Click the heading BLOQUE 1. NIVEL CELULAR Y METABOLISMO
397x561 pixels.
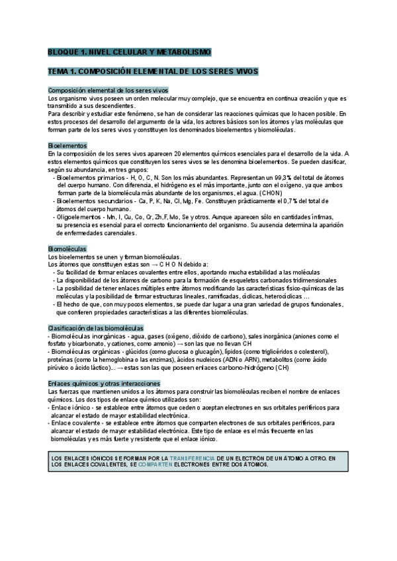coord(129,51)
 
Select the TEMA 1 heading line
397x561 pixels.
coord(153,71)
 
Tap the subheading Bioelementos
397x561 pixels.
coord(67,145)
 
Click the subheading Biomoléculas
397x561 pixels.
coord(67,248)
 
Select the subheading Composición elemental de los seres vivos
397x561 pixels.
coord(109,90)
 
